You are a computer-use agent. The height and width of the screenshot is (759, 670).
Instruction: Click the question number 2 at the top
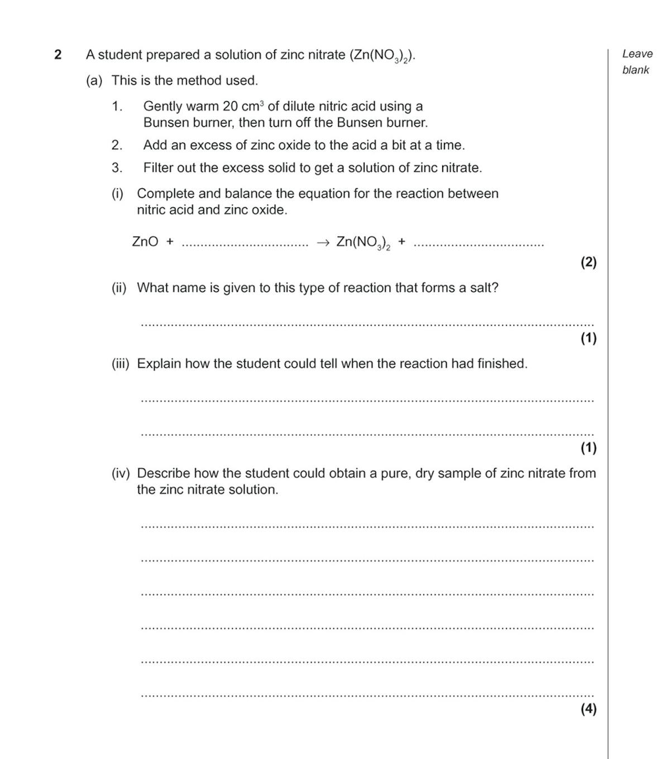point(58,55)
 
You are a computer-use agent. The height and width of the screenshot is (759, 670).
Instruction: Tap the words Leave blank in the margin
point(636,61)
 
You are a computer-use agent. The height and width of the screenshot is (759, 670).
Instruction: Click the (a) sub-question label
point(94,80)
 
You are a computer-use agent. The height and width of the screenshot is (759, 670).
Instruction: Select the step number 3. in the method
point(117,168)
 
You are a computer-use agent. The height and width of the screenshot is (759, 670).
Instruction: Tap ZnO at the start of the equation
point(145,241)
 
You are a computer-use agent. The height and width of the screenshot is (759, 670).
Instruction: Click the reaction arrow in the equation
point(323,242)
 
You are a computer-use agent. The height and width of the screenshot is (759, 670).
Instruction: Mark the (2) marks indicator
point(588,262)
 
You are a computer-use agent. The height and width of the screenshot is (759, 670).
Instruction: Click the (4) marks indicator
point(588,709)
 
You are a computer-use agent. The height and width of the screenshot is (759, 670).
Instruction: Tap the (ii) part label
point(119,288)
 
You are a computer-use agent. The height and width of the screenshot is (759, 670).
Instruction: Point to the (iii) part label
point(120,364)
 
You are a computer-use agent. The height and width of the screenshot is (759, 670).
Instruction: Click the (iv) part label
point(120,473)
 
